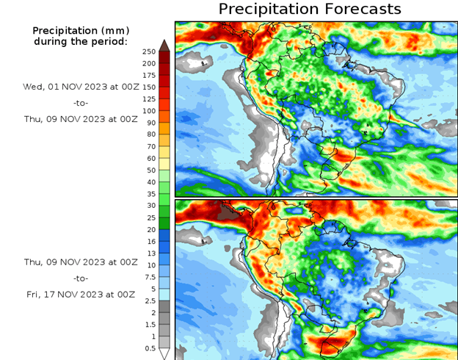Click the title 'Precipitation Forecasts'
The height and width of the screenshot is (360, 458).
click(x=310, y=10)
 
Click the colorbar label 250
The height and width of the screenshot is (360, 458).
click(x=149, y=51)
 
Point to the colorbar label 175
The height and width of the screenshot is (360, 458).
click(x=149, y=75)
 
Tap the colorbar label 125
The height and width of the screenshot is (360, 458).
click(x=149, y=99)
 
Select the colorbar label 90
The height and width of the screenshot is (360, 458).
click(x=149, y=123)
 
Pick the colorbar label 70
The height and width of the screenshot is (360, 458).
click(x=149, y=146)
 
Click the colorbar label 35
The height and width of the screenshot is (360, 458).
click(x=149, y=194)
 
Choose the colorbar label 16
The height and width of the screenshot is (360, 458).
click(x=149, y=241)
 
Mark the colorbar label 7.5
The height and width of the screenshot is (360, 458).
click(x=149, y=277)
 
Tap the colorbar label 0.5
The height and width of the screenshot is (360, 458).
click(x=149, y=348)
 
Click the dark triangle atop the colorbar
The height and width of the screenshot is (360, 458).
click(x=164, y=45)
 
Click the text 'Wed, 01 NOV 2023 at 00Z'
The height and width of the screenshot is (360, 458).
click(x=79, y=86)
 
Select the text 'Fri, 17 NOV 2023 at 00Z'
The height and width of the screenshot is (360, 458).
click(x=79, y=295)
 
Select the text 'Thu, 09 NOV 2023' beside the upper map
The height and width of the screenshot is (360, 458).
click(x=62, y=118)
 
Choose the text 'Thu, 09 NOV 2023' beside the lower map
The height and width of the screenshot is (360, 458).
click(x=62, y=262)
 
